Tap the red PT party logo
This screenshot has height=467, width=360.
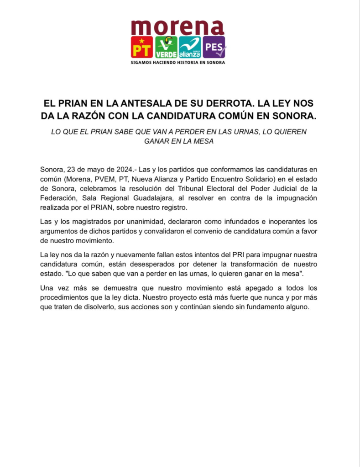(141, 47)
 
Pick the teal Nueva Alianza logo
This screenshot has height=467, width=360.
(190, 47)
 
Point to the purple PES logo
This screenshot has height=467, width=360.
(214, 47)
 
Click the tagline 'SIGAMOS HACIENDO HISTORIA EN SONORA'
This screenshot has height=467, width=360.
(177, 62)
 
